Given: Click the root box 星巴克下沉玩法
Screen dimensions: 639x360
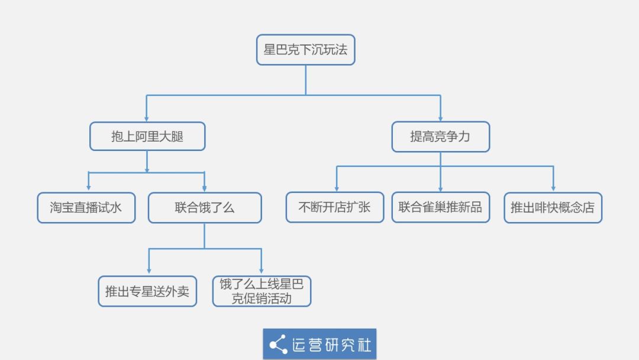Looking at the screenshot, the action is click(x=306, y=50).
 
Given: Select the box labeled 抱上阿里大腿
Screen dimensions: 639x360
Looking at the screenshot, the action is click(x=147, y=136).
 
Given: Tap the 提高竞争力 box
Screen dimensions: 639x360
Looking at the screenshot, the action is click(x=441, y=137).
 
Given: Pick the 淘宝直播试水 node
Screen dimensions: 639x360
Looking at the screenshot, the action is click(x=86, y=207).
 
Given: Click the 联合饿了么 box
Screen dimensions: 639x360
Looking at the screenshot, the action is click(x=205, y=207).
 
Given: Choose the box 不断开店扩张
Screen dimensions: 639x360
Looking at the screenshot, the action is click(x=334, y=207).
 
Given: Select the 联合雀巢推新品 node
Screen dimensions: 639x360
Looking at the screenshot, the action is click(x=441, y=207).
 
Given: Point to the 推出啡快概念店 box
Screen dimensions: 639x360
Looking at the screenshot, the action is click(x=553, y=207).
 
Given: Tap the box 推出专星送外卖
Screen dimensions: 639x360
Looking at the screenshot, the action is click(x=147, y=291).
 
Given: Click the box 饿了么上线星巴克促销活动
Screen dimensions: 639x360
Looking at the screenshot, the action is click(x=262, y=291).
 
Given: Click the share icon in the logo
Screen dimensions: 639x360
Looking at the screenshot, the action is click(x=278, y=345).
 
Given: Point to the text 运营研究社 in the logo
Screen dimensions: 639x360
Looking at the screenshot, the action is click(x=331, y=345).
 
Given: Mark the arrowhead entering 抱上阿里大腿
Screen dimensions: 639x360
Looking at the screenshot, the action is click(x=146, y=118).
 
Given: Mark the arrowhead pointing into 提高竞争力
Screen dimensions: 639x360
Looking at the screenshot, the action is click(x=441, y=118).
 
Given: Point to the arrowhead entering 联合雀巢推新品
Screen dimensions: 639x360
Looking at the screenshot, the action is click(x=441, y=188).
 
